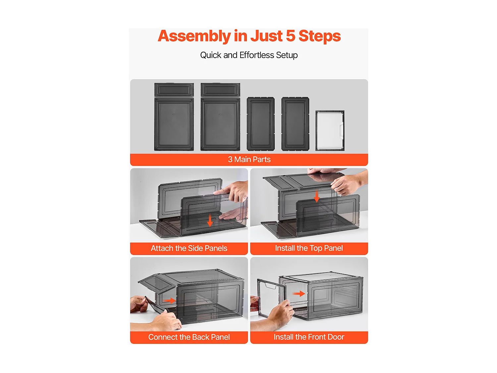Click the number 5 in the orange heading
290,36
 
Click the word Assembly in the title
194,36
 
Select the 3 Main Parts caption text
249,159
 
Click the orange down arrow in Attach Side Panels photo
210,220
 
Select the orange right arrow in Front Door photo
299,294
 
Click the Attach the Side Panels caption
189,248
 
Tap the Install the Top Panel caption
309,248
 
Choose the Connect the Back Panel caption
189,337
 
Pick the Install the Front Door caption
309,337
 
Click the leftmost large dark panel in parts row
174,124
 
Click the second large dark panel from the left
220,124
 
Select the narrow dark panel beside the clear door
295,124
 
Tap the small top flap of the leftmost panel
174,90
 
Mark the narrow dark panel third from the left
261,124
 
